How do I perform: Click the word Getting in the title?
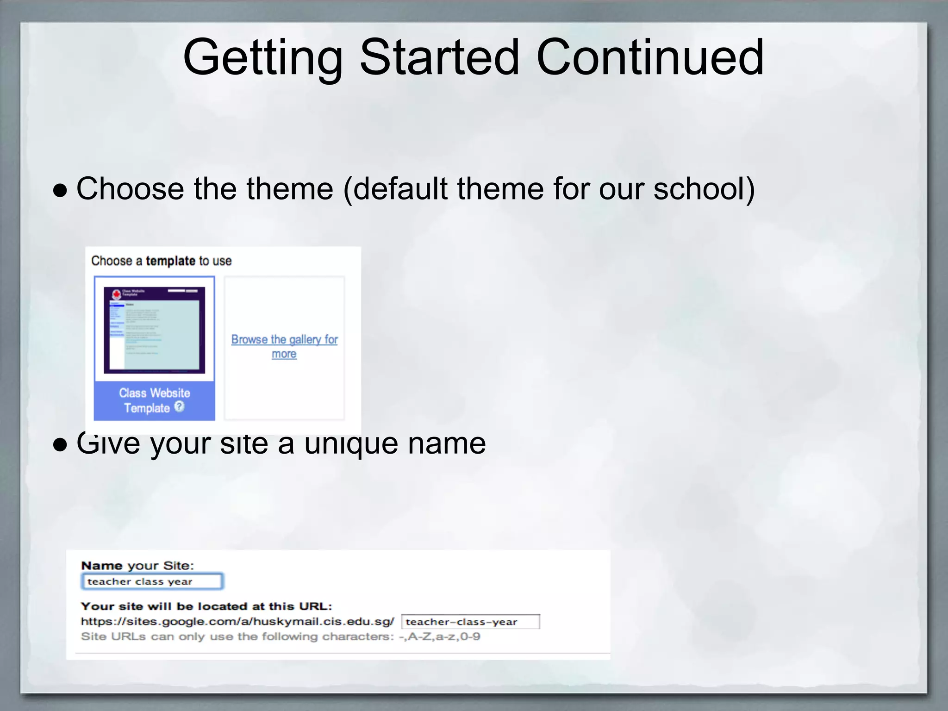point(262,58)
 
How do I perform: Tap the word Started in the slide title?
point(439,57)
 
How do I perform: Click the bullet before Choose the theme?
point(60,190)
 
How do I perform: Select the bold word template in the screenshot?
point(170,261)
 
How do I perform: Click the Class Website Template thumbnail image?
point(154,330)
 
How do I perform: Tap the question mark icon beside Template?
point(179,406)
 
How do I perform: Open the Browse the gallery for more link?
point(284,346)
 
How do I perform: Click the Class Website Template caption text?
point(154,400)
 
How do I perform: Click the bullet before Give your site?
point(60,444)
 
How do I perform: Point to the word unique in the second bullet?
point(351,443)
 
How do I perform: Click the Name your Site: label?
point(137,566)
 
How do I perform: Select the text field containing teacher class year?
point(152,581)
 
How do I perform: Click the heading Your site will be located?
point(206,606)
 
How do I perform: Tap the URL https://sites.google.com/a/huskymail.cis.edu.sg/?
point(237,622)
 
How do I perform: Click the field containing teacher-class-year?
point(470,622)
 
